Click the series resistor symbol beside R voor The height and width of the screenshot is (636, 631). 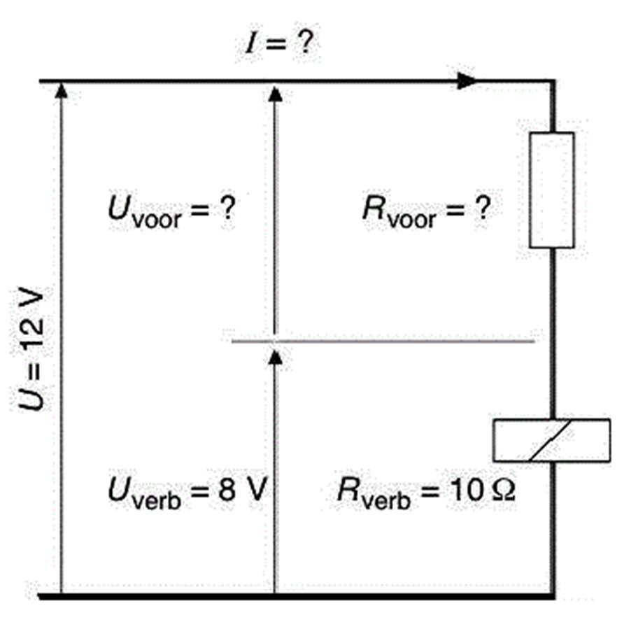coord(552,190)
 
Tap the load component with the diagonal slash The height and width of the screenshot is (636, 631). coord(551,440)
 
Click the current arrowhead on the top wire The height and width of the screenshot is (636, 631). coord(468,82)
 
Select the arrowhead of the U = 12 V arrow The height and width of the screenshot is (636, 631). coord(62,90)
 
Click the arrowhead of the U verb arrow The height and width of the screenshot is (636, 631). coord(275,356)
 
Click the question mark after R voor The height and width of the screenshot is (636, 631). coord(478,209)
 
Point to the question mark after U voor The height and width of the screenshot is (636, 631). coord(225,209)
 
